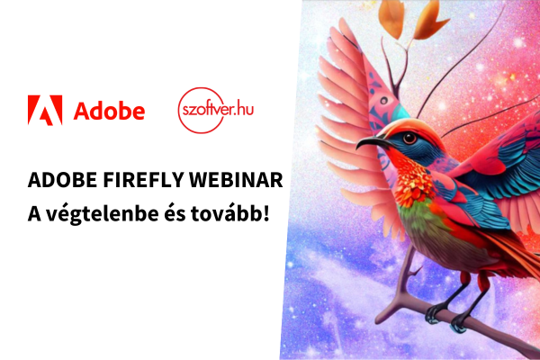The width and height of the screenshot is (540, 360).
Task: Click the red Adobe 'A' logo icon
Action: [45, 110]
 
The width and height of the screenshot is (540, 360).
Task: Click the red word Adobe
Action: [109, 111]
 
